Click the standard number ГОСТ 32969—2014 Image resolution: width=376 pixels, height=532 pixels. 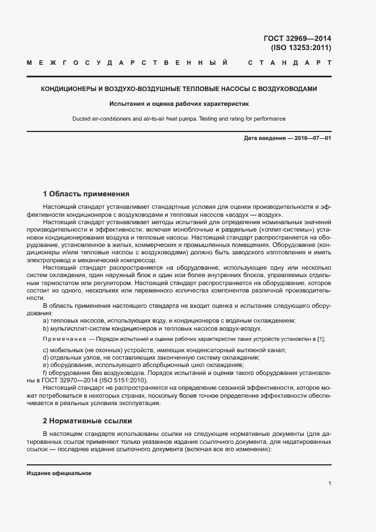coord(297,39)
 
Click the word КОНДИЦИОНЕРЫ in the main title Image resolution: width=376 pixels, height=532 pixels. coord(69,89)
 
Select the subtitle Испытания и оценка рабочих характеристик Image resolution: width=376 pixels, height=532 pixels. coord(179,104)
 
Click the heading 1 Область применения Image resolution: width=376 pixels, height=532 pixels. coord(86,193)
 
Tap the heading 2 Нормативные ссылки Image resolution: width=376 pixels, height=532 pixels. coord(87,421)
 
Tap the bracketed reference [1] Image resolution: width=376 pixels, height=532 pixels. coord(321,339)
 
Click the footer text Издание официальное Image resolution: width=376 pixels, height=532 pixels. coord(59,473)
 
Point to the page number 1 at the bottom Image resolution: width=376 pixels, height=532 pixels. coord(329,484)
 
